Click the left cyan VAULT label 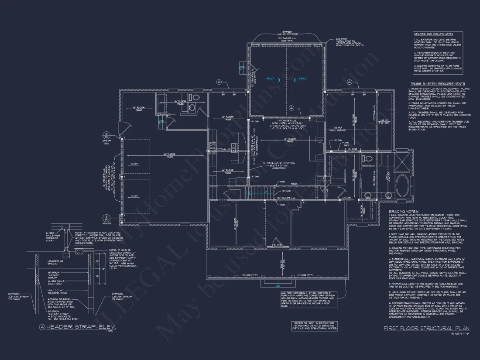tap(271, 79)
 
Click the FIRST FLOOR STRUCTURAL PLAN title tap(427, 328)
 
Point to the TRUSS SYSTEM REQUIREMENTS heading tap(438, 84)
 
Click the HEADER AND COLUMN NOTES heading tap(433, 34)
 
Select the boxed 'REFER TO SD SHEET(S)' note tap(315, 326)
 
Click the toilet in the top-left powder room tap(195, 97)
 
